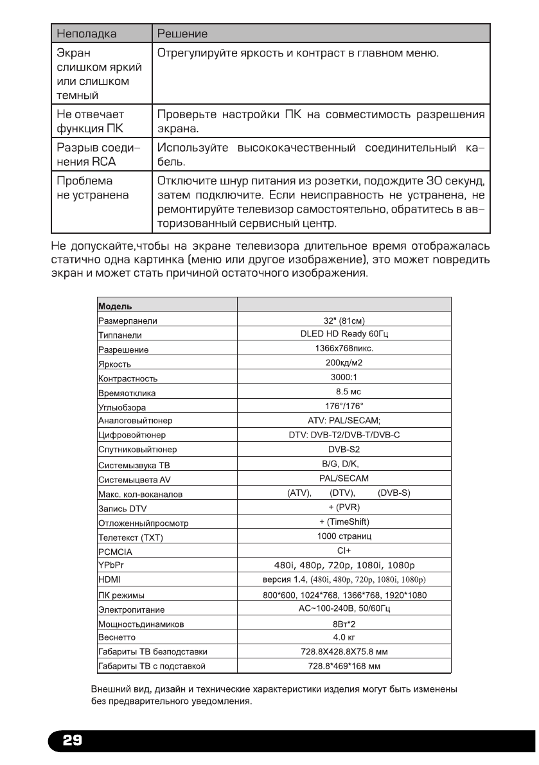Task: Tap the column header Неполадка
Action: pyautogui.click(x=87, y=32)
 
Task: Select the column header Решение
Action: pyautogui.click(x=182, y=32)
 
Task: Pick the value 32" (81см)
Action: pyautogui.click(x=344, y=321)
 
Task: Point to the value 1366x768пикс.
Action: pyautogui.click(x=344, y=348)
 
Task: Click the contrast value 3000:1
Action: pyautogui.click(x=344, y=377)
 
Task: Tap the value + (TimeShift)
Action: pyautogui.click(x=344, y=521)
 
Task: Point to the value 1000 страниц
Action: pyautogui.click(x=344, y=536)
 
